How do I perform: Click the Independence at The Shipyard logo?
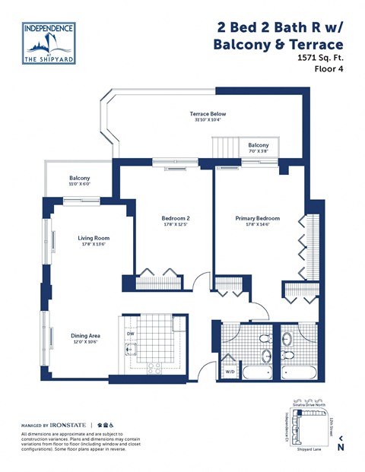pyautogui.click(x=49, y=44)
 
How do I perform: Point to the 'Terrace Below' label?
pyautogui.click(x=208, y=114)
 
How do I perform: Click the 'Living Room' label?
pyautogui.click(x=94, y=238)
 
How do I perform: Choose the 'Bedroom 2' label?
pyautogui.click(x=175, y=219)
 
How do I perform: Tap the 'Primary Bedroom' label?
pyautogui.click(x=258, y=219)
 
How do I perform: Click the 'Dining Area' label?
pyautogui.click(x=86, y=334)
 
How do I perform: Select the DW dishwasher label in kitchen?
pyautogui.click(x=130, y=334)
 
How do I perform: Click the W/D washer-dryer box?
pyautogui.click(x=229, y=372)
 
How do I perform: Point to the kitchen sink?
pyautogui.click(x=131, y=350)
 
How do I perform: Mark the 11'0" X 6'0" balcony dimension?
pyautogui.click(x=80, y=184)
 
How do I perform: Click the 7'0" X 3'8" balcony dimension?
pyautogui.click(x=258, y=151)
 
